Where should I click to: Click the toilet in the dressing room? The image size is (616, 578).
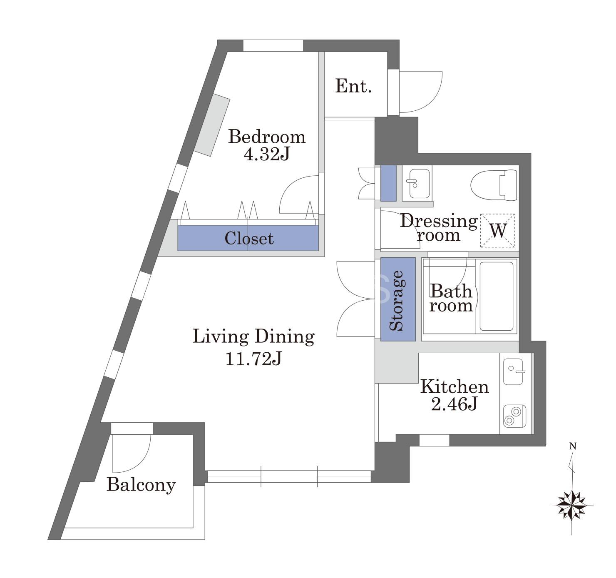click(494, 185)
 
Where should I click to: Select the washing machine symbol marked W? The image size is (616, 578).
click(497, 230)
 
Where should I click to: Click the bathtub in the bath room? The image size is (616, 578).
click(496, 296)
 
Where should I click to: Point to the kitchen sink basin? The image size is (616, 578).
click(513, 371)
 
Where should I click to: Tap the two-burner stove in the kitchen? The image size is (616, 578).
click(514, 416)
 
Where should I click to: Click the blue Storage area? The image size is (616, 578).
click(398, 299)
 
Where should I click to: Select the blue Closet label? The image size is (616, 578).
click(249, 238)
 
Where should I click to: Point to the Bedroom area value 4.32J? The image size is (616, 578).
click(267, 154)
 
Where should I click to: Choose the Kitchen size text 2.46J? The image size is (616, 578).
click(454, 404)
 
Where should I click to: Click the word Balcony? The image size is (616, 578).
click(141, 485)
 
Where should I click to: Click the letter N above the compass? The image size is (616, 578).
click(573, 446)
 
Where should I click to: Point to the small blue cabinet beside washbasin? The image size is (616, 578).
click(388, 183)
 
